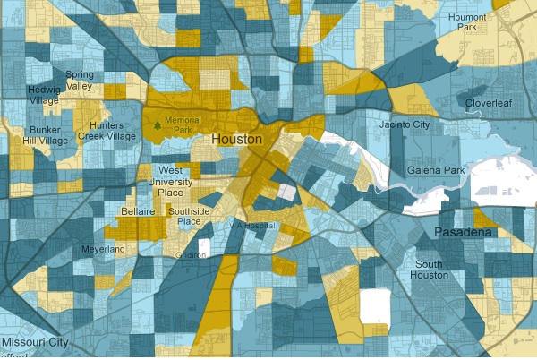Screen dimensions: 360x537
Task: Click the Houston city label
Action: [x=237, y=141]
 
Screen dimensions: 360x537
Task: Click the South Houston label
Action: [x=430, y=270]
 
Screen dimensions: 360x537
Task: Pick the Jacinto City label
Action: [x=405, y=124]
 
